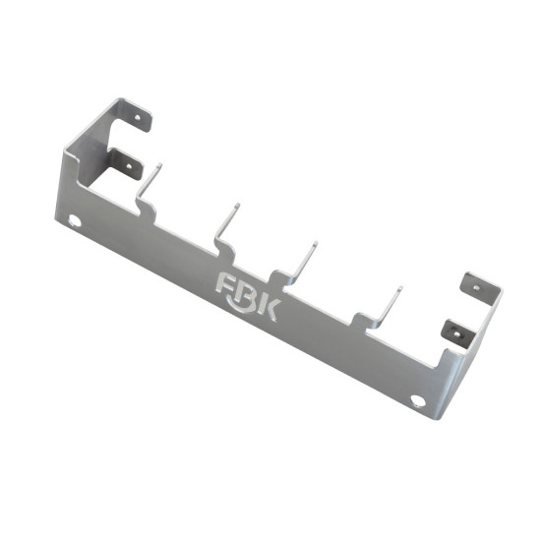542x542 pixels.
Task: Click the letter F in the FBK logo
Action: coord(225,282)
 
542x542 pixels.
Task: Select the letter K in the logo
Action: coord(270,310)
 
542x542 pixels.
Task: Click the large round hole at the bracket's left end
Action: coord(75,220)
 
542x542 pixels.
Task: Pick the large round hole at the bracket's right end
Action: coord(418,400)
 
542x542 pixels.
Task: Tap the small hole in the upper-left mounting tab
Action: coord(138,117)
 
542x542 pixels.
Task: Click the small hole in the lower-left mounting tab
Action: coord(129,166)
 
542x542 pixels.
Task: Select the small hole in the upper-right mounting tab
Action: coord(476,287)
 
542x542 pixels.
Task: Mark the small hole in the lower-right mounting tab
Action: coord(457,333)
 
